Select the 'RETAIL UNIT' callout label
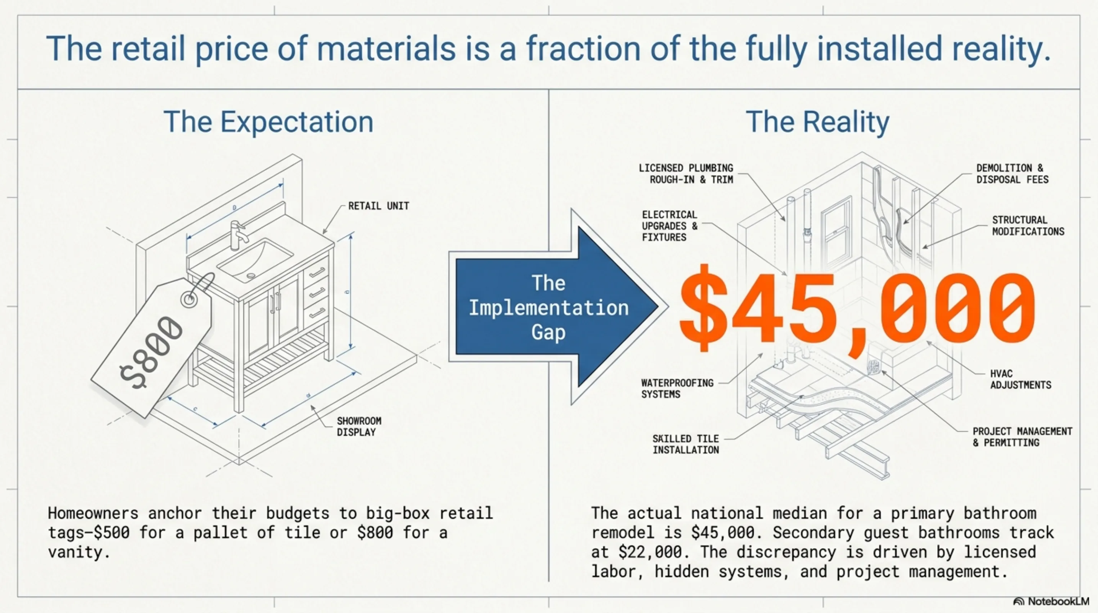pyautogui.click(x=378, y=206)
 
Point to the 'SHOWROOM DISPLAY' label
pyautogui.click(x=359, y=426)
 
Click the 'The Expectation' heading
pyautogui.click(x=268, y=122)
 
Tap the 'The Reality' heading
pyautogui.click(x=818, y=122)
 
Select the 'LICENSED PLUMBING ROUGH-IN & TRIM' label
pyautogui.click(x=686, y=174)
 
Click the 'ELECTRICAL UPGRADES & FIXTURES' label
pyautogui.click(x=669, y=226)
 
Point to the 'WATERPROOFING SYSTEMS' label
pyautogui.click(x=677, y=388)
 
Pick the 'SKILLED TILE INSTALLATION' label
pyautogui.click(x=686, y=444)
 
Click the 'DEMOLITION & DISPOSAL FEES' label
pyautogui.click(x=1012, y=174)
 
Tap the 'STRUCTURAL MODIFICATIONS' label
pyautogui.click(x=1028, y=226)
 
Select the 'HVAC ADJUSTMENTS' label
pyautogui.click(x=1020, y=379)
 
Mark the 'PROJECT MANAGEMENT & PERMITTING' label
pyautogui.click(x=1022, y=437)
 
